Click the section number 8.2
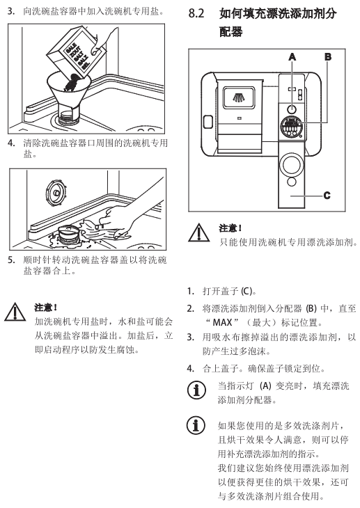coord(196,13)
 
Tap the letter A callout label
coord(292,57)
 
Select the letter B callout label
coord(328,57)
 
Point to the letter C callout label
coord(327,196)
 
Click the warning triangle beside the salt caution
coord(15,312)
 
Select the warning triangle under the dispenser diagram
coord(199,232)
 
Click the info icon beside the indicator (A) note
coord(196,390)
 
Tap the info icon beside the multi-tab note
coord(196,425)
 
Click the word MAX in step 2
coord(222,323)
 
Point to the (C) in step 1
coord(246,292)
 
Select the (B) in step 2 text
coord(311,308)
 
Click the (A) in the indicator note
coord(265,386)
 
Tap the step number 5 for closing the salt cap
coord(11,260)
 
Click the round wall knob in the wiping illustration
coord(56,193)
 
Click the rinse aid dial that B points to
coord(292,127)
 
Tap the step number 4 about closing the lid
coord(190,369)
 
